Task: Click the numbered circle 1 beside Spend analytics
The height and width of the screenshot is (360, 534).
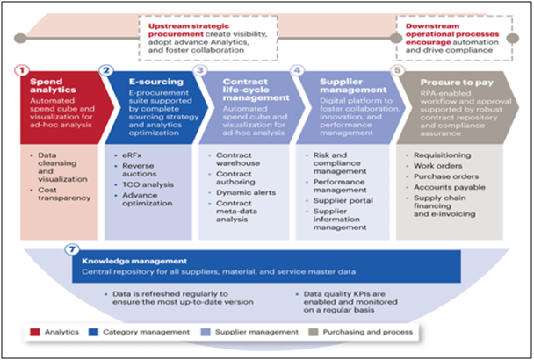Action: tap(22, 71)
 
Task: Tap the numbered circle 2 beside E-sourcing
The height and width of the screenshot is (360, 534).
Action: tap(106, 70)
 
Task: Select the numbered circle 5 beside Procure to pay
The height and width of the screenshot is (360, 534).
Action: tap(398, 70)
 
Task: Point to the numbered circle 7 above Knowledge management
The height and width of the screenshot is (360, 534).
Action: tap(72, 249)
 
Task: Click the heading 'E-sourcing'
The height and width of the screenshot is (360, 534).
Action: tap(156, 82)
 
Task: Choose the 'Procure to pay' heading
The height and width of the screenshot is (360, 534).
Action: tap(457, 83)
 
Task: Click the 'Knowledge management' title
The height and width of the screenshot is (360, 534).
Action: tap(134, 262)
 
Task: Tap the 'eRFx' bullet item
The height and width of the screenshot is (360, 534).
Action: tap(132, 155)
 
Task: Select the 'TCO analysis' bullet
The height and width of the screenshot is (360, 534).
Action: tap(148, 184)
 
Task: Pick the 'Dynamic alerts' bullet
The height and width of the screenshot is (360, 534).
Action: tap(246, 192)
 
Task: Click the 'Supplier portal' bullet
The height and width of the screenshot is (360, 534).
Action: tap(343, 200)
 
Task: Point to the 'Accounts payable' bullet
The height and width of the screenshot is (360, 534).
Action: tap(450, 187)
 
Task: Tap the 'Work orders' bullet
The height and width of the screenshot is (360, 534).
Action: tap(438, 166)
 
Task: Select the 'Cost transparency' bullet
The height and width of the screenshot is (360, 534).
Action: tap(64, 194)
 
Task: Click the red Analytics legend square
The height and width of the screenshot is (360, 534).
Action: tap(35, 332)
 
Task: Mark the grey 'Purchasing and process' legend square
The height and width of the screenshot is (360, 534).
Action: tap(313, 332)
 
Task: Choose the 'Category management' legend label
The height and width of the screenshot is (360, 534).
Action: tap(146, 332)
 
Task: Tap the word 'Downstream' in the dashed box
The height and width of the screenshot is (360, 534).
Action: tap(432, 26)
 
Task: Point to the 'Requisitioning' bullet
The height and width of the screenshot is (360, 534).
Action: tap(443, 155)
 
